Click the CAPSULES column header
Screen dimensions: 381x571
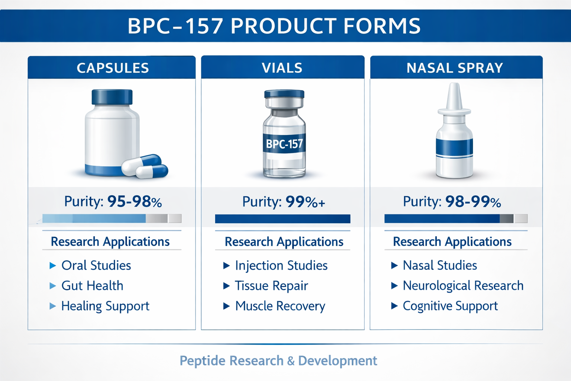[113, 68]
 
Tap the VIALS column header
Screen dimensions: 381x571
[282, 68]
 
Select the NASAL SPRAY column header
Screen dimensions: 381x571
[455, 68]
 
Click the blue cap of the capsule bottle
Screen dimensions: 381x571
[112, 97]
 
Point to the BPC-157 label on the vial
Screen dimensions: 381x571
[284, 144]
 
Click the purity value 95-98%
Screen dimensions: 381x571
[135, 202]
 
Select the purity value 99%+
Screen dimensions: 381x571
[305, 202]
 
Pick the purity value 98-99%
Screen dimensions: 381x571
[473, 202]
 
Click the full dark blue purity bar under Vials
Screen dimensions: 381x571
[283, 219]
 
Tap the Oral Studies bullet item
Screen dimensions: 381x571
[96, 265]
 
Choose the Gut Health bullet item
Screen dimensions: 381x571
[92, 285]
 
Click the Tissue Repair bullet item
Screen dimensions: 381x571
[271, 286]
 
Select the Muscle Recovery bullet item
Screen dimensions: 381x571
[280, 306]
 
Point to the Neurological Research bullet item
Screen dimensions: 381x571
[463, 285]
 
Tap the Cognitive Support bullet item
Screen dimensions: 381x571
[450, 306]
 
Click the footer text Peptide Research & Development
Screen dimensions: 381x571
[278, 361]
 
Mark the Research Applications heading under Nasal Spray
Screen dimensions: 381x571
[452, 242]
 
